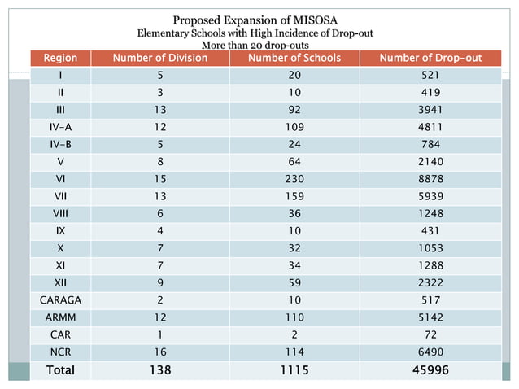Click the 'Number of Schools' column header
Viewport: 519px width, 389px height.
point(294,59)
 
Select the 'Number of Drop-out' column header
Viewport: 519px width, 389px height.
point(431,59)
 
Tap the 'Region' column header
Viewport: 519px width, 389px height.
point(60,59)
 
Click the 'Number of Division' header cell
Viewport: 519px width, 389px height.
point(159,59)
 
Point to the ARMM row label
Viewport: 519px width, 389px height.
point(60,316)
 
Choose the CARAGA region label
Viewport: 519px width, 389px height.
point(60,299)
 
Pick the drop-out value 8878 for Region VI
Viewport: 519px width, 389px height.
point(431,178)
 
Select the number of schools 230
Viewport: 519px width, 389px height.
point(294,178)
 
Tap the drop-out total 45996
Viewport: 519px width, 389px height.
point(431,369)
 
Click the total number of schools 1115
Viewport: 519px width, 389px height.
point(294,369)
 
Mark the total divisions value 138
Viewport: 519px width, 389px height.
point(159,369)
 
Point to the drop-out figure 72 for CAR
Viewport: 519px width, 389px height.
point(431,334)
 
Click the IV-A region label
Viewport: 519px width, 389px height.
point(60,126)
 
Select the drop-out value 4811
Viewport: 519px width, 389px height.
point(431,126)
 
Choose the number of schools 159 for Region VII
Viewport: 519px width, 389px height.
point(294,195)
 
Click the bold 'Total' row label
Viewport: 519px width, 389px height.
point(60,369)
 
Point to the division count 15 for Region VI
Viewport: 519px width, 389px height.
point(159,178)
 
